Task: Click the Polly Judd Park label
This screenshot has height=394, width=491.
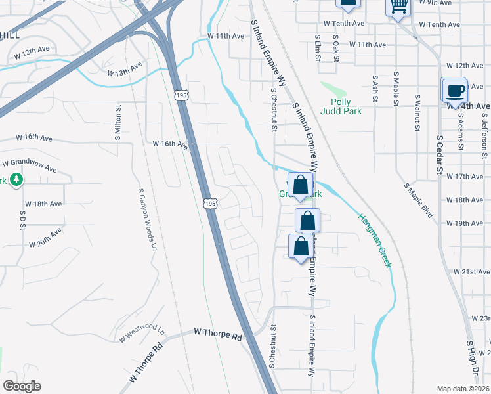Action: [x=341, y=106]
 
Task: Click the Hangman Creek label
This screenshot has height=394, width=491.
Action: [x=375, y=240]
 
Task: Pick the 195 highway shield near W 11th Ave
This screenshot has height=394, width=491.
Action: [x=181, y=96]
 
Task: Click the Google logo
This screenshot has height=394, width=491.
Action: [x=22, y=385]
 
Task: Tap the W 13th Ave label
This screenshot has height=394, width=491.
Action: [x=125, y=69]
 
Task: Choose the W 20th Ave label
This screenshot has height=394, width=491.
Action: [x=45, y=238]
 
